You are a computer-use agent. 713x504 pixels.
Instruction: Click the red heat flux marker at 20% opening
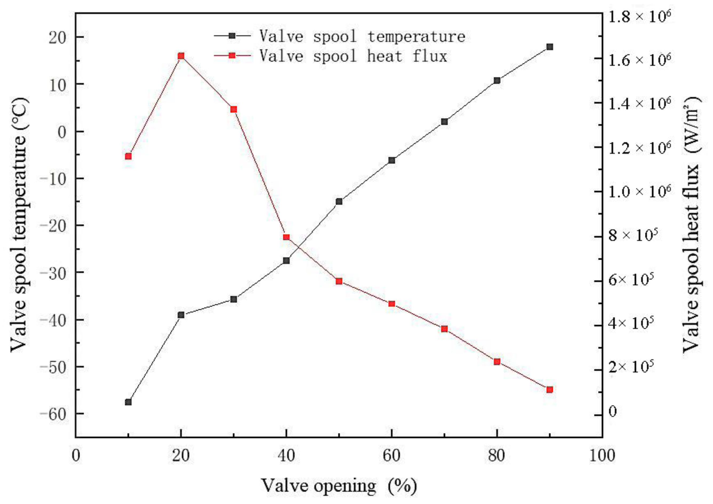181,56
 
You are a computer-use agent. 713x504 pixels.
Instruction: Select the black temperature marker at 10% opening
128,402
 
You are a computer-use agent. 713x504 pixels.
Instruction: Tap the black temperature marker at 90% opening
550,47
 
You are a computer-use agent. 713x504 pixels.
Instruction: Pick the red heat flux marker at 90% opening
550,390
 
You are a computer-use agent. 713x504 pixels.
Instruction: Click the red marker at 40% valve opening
286,237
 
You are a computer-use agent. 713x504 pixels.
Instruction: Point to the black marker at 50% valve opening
339,202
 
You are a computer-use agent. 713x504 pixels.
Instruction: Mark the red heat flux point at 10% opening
128,156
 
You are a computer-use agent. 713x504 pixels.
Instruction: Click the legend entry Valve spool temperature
362,37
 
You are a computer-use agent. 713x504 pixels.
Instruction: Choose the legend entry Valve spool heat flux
353,56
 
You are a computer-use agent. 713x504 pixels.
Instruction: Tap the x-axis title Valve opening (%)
339,486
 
